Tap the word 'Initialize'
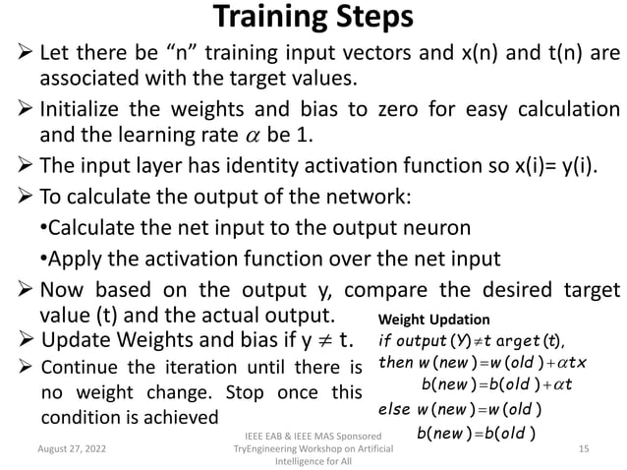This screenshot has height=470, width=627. [83, 108]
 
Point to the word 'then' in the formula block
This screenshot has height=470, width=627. [396, 362]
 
